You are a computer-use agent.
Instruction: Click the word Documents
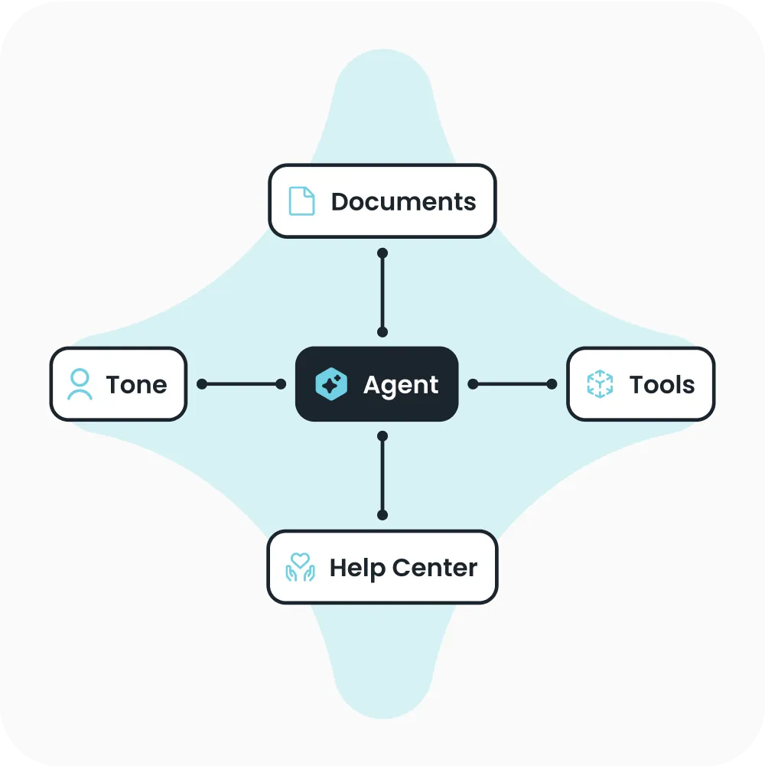403,202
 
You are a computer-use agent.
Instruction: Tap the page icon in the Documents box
301,201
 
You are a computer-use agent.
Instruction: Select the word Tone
136,385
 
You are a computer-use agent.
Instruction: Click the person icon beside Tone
80,384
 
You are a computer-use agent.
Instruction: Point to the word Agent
401,385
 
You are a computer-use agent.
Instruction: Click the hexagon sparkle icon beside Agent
331,385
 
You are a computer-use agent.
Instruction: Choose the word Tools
662,385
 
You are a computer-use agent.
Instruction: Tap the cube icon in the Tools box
600,384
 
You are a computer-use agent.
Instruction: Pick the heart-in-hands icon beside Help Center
300,567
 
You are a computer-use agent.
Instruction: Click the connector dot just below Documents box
382,253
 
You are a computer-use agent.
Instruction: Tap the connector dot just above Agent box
382,332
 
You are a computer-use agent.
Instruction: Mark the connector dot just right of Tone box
202,384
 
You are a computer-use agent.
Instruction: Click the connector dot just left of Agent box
281,384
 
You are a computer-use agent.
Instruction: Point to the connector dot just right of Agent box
473,384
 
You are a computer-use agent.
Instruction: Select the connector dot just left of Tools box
552,384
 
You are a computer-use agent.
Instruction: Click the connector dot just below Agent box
382,436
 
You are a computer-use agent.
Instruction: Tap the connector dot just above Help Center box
382,515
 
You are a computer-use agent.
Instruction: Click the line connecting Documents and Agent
382,292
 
